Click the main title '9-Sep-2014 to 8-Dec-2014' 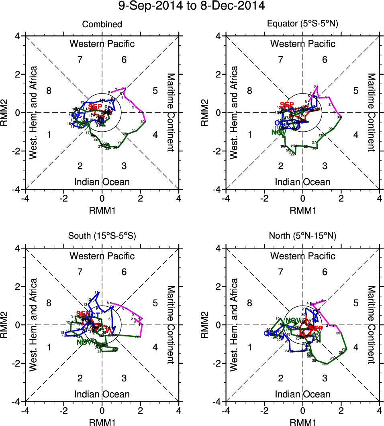[x=192, y=6]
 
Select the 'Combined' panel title [x=102, y=24]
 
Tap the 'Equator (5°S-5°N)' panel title [x=303, y=24]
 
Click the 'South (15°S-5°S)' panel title [x=102, y=236]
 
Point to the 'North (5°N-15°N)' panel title [x=303, y=236]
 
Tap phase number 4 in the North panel [x=355, y=348]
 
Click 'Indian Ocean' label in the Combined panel [x=102, y=182]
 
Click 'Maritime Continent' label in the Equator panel [x=372, y=112]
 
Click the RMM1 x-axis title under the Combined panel [x=102, y=210]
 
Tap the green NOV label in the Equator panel [x=278, y=132]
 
